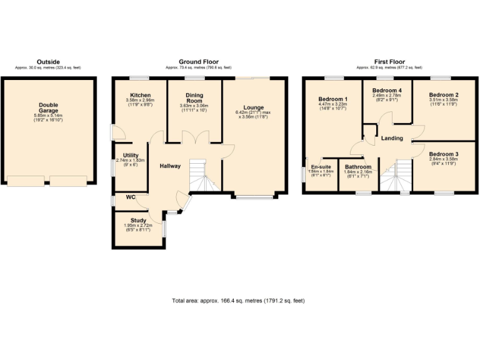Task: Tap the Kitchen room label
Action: click(x=139, y=96)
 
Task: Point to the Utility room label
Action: click(x=131, y=155)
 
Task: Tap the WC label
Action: click(x=131, y=197)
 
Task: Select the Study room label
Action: click(x=139, y=220)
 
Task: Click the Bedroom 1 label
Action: click(x=332, y=99)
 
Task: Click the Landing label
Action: click(x=392, y=138)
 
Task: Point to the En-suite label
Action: click(x=320, y=167)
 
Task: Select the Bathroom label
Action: click(x=358, y=167)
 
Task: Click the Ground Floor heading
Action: click(x=198, y=62)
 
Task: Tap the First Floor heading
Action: click(x=389, y=62)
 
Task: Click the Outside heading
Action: click(x=48, y=62)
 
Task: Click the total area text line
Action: click(x=238, y=301)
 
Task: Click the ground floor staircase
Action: click(x=204, y=175)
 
